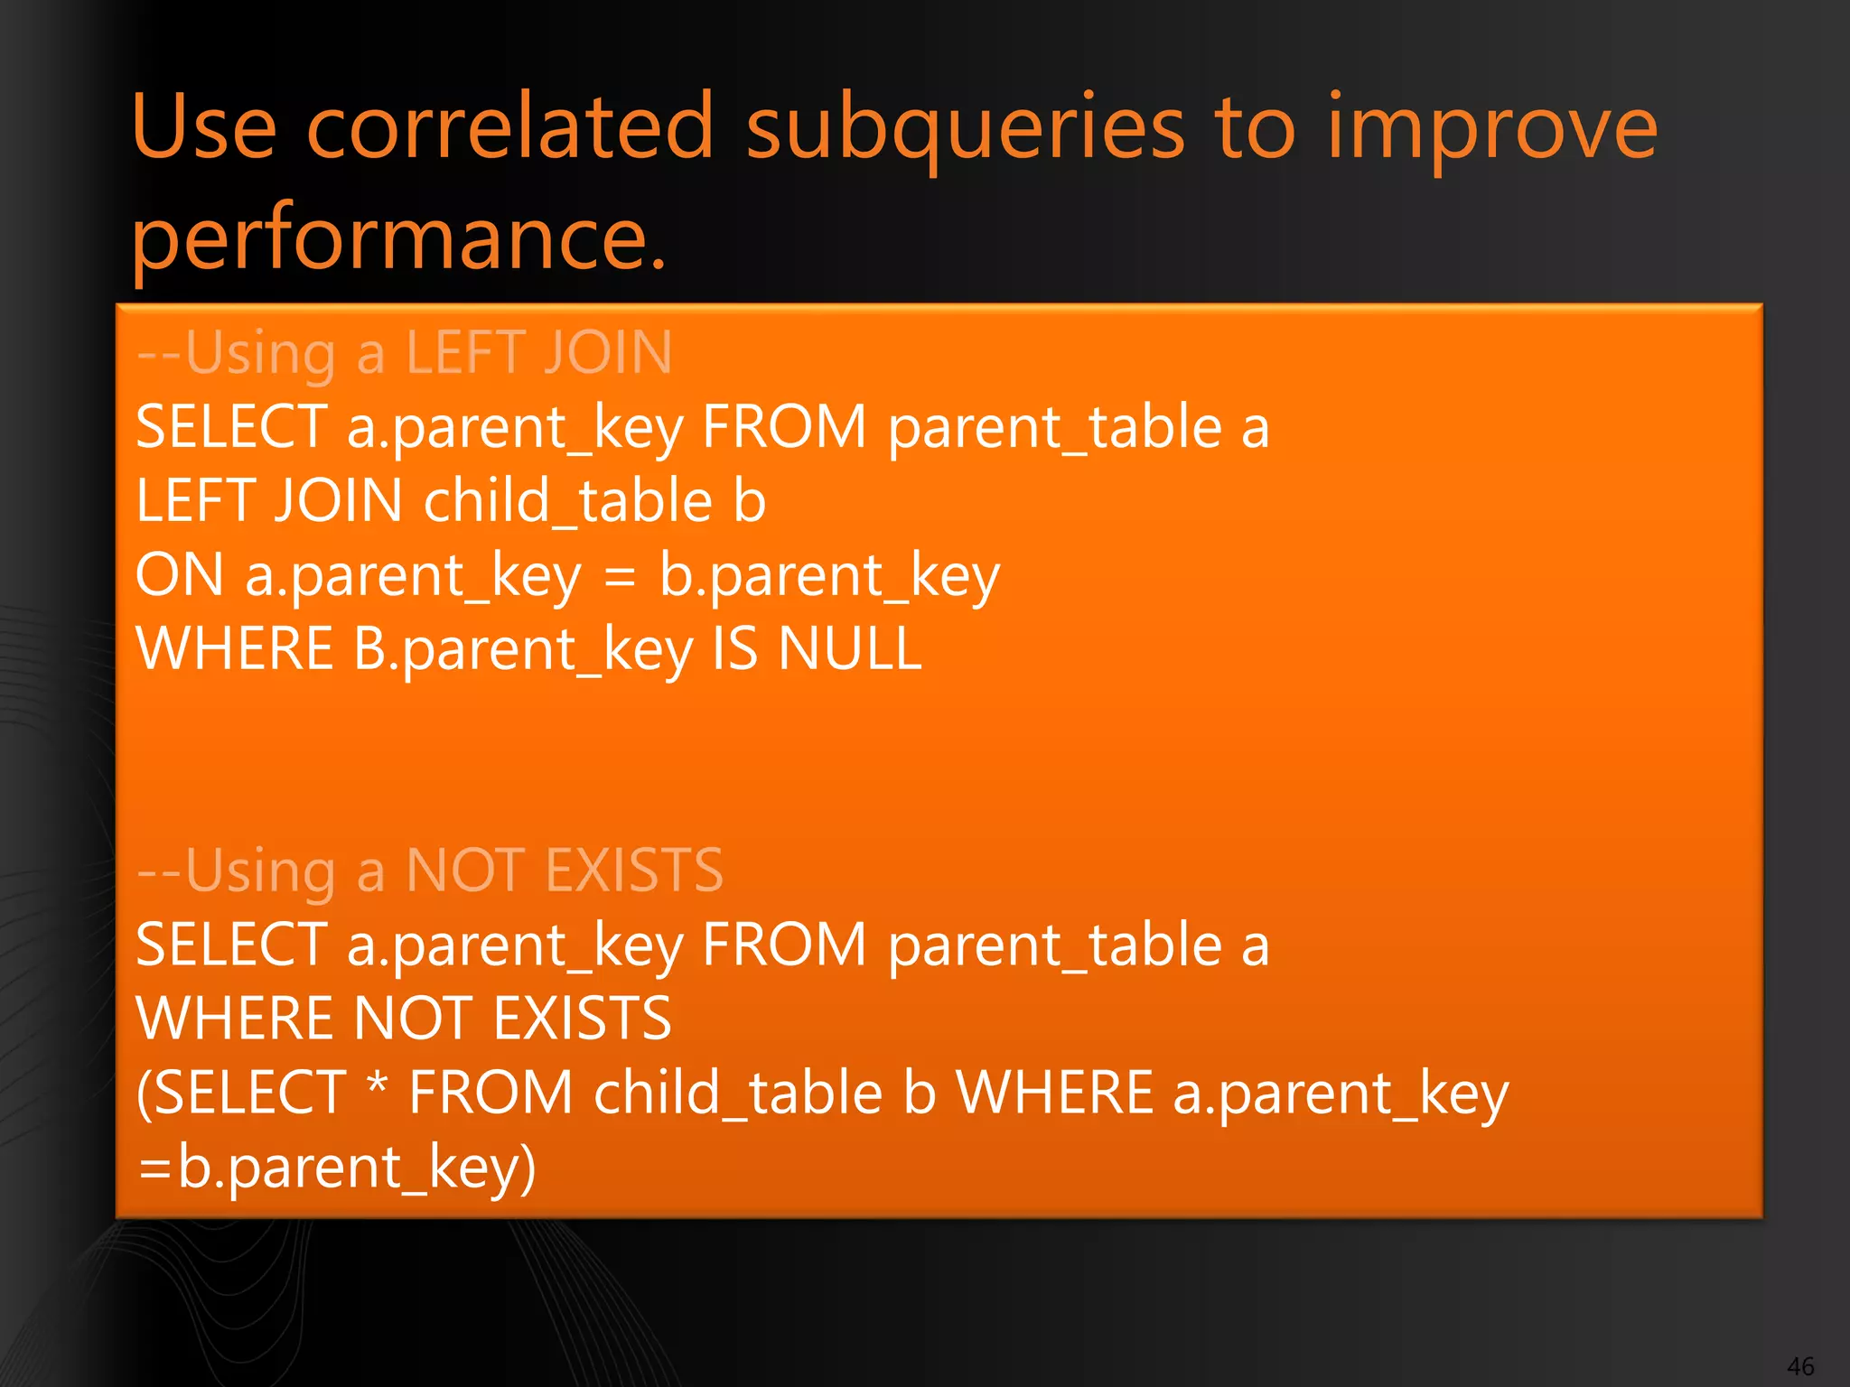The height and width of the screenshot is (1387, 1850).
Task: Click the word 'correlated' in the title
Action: coord(510,127)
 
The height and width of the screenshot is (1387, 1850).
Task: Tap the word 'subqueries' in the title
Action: coord(964,127)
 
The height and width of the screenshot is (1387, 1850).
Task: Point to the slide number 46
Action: coord(1800,1366)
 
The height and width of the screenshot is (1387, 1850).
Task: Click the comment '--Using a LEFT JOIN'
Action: coord(405,352)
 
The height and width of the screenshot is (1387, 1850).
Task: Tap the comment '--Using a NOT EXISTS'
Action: coord(430,870)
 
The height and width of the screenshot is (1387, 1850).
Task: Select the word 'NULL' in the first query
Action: coord(850,648)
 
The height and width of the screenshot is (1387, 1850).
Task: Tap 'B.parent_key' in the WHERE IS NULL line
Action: coord(523,648)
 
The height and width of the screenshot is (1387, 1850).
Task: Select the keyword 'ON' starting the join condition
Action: coord(179,575)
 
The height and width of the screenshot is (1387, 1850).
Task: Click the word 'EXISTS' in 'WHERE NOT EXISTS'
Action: coord(583,1019)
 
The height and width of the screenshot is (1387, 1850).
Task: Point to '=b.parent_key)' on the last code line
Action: coord(337,1167)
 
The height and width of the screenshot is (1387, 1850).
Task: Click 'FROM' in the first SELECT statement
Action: coord(784,427)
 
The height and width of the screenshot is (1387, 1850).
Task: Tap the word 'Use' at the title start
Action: coord(204,127)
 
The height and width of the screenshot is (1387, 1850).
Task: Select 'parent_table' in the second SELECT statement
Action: coord(1054,945)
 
